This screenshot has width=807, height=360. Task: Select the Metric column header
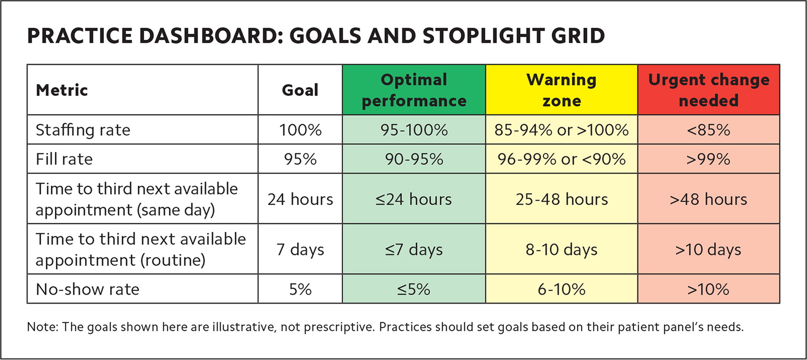pos(62,90)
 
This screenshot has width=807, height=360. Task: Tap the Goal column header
pos(300,90)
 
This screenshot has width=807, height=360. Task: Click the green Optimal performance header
pos(414,90)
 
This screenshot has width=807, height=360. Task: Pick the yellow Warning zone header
pos(562,90)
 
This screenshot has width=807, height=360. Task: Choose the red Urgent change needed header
pos(709,90)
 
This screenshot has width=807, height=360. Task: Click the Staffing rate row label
pos(83,130)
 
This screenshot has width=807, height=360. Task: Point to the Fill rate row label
pos(64,159)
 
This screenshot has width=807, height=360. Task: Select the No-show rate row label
pos(87,289)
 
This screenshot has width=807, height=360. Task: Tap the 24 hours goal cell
pos(300,199)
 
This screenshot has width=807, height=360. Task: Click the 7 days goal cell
pos(300,249)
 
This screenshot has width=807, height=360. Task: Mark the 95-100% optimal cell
pos(414,130)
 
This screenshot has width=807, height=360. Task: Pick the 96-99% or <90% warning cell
pos(562,159)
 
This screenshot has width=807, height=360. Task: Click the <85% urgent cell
pos(709,130)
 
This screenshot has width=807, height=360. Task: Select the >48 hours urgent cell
pos(709,199)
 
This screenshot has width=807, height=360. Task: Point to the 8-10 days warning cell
pos(562,249)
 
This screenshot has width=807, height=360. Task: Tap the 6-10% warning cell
pos(562,289)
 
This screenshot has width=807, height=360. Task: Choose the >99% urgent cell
pos(709,159)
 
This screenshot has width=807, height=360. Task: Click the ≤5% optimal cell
pos(414,289)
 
